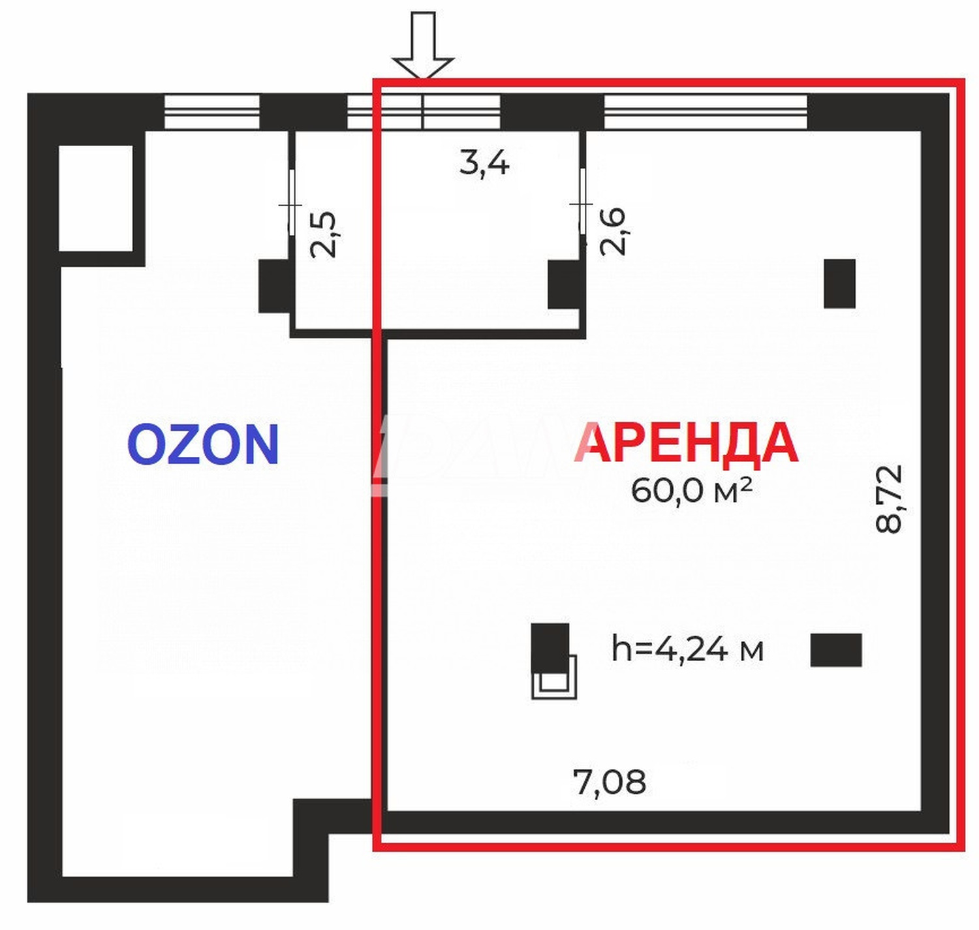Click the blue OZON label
(x=203, y=444)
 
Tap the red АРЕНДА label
(x=687, y=443)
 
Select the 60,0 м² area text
(x=691, y=490)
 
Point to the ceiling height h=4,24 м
(x=687, y=649)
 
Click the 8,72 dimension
(x=889, y=499)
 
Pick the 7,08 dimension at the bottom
(x=610, y=781)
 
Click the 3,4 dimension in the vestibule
(x=484, y=162)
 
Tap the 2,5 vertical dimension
(x=324, y=234)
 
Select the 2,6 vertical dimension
(x=614, y=231)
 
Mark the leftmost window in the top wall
(x=211, y=112)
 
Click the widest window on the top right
(x=706, y=112)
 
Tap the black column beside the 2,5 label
(x=275, y=286)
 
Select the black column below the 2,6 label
(x=563, y=285)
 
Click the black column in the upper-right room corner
(x=839, y=284)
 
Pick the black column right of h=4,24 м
(x=835, y=650)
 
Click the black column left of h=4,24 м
(x=550, y=646)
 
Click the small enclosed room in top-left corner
(x=96, y=198)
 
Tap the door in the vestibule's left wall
(x=291, y=206)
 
